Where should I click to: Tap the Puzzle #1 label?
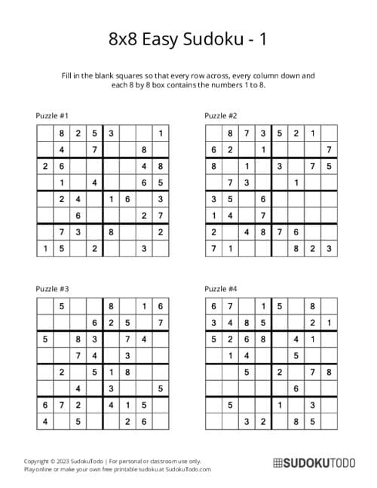pos(53,115)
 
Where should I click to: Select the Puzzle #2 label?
pos(221,115)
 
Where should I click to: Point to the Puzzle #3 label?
pos(53,288)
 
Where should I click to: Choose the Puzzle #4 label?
pos(221,288)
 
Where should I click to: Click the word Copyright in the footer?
pos(38,460)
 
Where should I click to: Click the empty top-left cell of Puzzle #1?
pos(45,134)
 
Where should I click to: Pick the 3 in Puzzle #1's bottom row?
pos(143,248)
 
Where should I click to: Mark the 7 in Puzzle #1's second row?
pos(94,149)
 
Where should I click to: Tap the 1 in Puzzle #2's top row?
pos(312,134)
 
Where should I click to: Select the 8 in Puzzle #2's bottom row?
pos(296,248)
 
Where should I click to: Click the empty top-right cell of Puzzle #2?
pos(329,134)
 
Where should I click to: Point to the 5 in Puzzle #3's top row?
pos(62,305)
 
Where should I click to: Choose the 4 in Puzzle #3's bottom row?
pos(45,421)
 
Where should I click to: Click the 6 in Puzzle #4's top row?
pos(213,305)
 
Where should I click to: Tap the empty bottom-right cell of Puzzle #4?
pos(329,421)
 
